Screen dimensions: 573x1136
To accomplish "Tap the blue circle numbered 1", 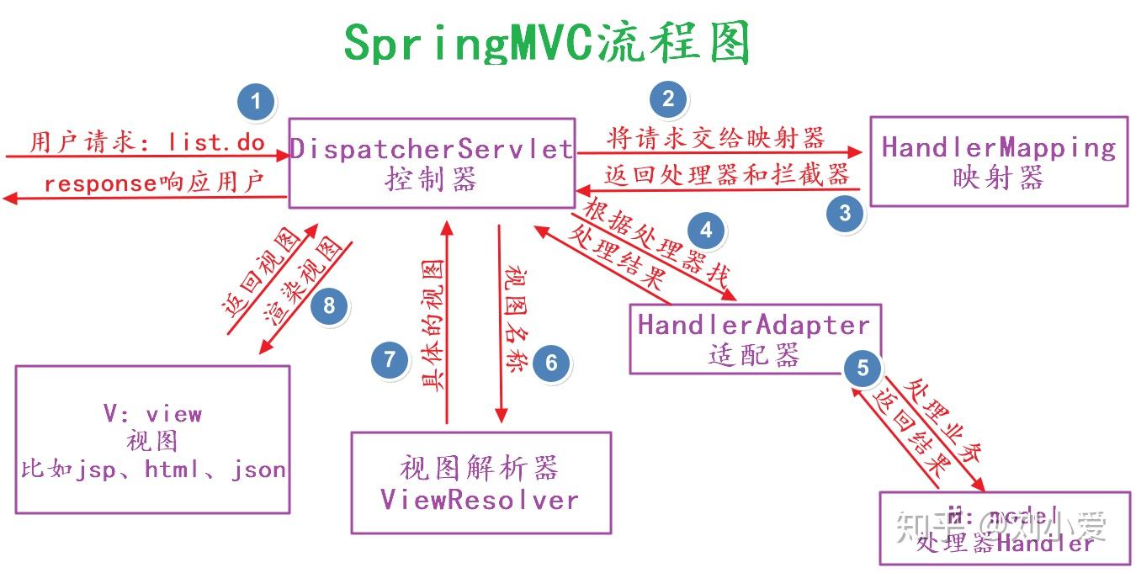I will point(257,103).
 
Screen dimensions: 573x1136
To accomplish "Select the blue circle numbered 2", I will point(668,99).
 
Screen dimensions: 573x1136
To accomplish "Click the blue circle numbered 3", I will point(845,212).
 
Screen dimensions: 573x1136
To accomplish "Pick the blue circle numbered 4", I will point(706,230).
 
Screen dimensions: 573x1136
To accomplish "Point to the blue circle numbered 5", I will point(863,368).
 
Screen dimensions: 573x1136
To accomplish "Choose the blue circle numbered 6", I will point(551,363).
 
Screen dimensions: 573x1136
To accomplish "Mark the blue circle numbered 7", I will point(390,360).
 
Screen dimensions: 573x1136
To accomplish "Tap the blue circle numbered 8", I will point(329,305).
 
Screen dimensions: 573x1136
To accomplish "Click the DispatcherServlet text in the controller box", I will point(432,150).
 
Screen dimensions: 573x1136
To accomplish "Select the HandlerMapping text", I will point(999,148).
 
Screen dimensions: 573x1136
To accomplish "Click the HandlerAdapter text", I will point(754,325).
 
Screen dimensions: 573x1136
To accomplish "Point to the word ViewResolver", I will point(480,500).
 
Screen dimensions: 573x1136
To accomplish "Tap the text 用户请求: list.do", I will point(148,141).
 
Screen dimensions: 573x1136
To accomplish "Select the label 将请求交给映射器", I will point(715,138).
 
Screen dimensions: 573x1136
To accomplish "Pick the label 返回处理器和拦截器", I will point(726,175).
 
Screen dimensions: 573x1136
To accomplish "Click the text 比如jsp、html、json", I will point(153,470).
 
